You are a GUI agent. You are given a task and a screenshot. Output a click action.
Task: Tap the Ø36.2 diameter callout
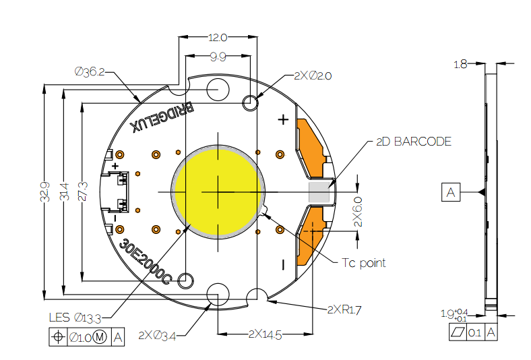click(90, 71)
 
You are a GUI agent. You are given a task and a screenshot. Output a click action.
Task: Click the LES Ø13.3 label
click(75, 317)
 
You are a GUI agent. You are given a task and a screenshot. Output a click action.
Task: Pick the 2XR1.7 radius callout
click(344, 309)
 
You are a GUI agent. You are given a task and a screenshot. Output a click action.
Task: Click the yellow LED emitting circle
click(218, 191)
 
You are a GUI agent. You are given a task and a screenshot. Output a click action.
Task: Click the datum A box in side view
click(451, 193)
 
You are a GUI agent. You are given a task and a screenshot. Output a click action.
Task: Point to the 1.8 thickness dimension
click(461, 65)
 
